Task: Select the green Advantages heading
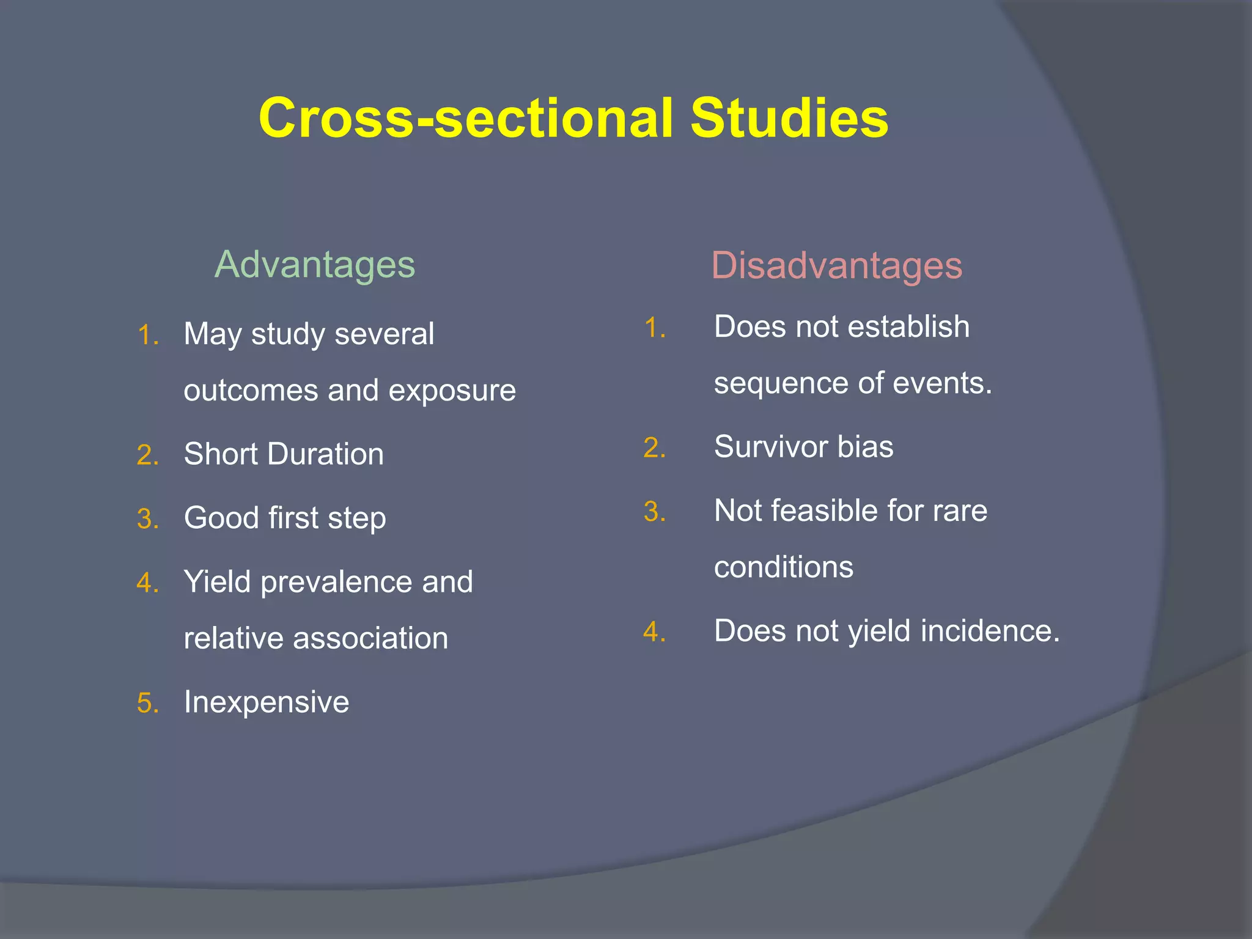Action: pos(315,265)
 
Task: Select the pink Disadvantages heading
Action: pos(836,266)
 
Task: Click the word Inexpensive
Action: pos(267,702)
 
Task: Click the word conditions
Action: pos(783,567)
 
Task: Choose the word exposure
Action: pos(452,391)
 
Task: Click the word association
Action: pos(370,638)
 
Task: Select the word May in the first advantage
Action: pos(212,334)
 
